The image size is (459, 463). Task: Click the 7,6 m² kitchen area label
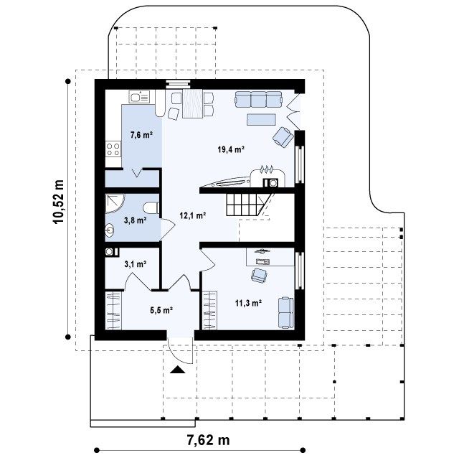141,135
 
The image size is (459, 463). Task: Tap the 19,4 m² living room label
231,149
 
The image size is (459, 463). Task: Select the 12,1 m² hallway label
193,215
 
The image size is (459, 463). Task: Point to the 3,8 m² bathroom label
136,220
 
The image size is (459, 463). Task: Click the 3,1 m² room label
136,263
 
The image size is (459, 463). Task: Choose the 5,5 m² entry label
161,310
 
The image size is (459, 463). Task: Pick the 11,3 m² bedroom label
249,303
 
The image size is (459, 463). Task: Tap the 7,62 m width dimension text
208,440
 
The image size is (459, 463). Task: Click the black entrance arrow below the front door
178,370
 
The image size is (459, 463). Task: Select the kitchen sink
139,97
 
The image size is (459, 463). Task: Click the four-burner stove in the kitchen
113,149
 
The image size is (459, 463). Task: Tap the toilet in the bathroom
151,208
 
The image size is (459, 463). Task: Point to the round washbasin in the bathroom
110,230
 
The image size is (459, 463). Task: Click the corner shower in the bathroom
114,203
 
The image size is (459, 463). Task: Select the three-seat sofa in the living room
258,99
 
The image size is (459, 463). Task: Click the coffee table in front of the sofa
261,119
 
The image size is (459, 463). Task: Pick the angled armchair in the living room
283,136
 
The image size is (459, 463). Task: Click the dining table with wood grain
193,103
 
